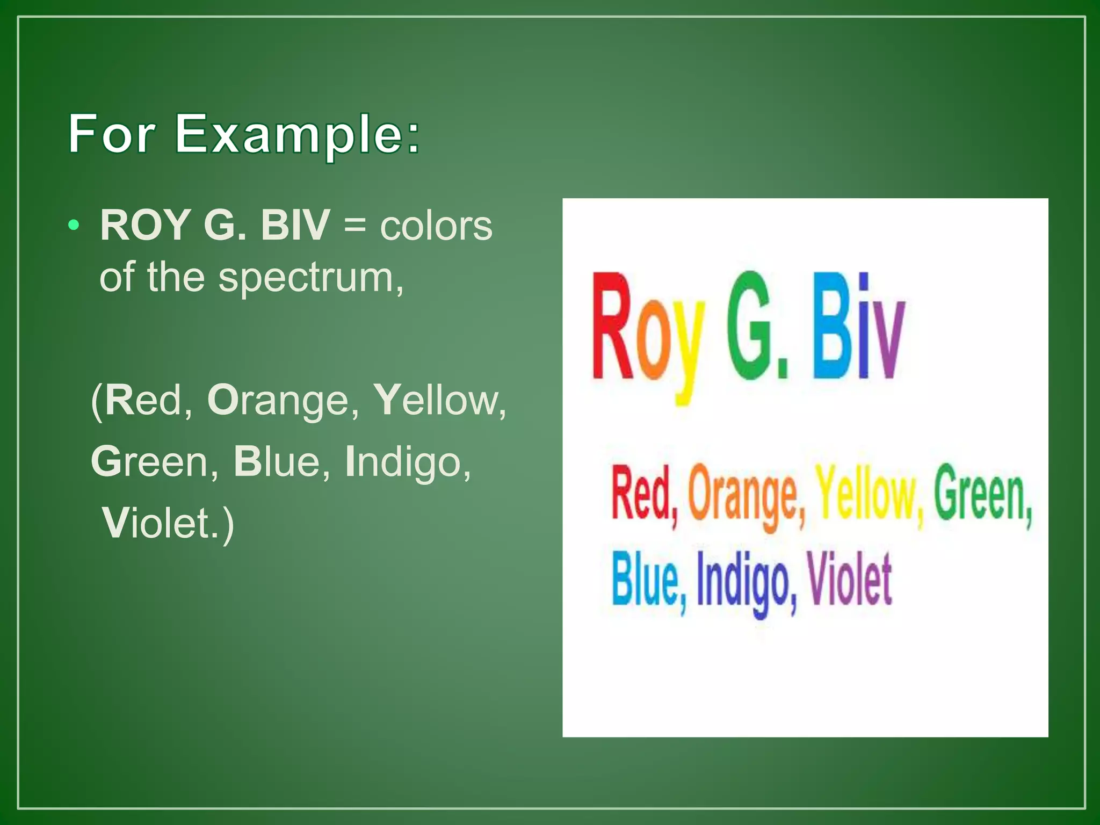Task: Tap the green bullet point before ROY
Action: [x=74, y=225]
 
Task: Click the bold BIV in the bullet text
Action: [x=295, y=225]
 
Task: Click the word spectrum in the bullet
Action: [x=310, y=278]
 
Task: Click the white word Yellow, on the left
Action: [x=439, y=401]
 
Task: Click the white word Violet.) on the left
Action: [x=168, y=523]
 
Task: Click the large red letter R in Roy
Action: [x=612, y=328]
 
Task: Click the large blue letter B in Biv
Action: [x=831, y=328]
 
